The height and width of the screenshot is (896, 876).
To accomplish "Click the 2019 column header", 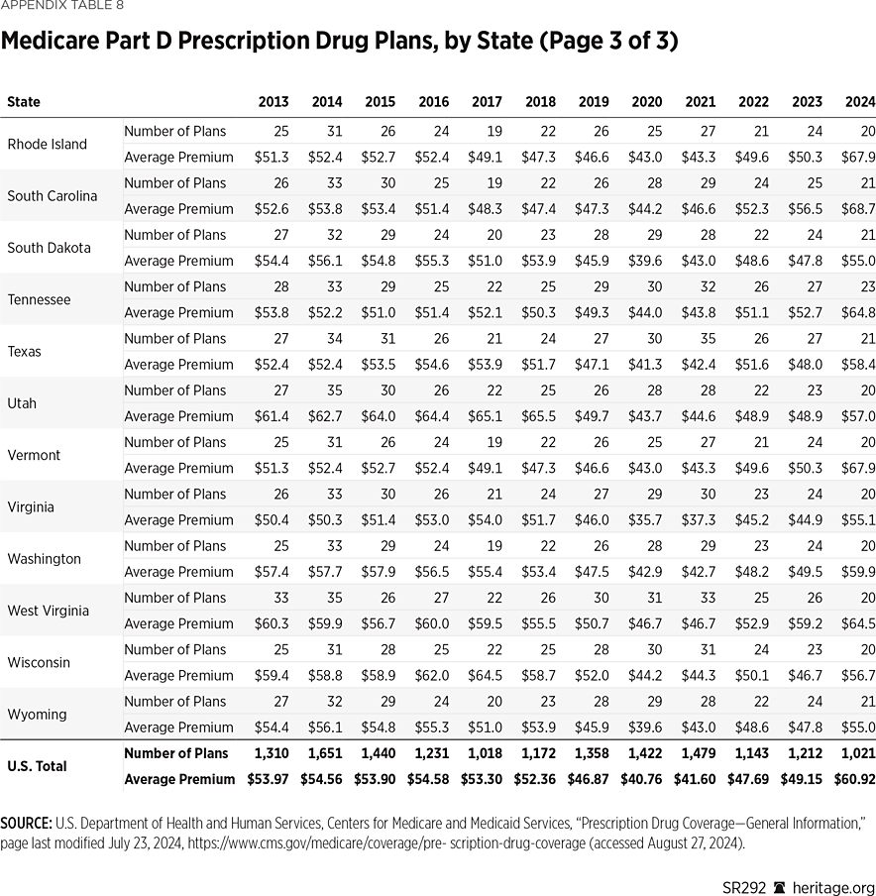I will [594, 102].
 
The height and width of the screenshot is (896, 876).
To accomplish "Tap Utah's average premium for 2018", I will [537, 416].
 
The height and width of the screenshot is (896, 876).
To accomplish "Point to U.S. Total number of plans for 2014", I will [326, 753].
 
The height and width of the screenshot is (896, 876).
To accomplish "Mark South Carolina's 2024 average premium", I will [857, 209].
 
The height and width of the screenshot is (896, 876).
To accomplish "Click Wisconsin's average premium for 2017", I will [485, 675].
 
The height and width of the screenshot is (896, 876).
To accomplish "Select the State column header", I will [24, 102].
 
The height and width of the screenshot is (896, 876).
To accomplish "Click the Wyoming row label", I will [37, 715].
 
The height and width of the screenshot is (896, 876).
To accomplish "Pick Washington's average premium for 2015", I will [379, 572].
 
